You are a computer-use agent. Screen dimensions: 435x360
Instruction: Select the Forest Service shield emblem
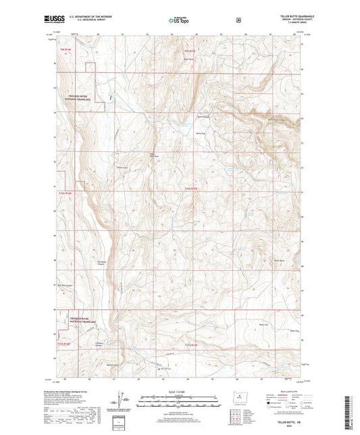click(x=238, y=20)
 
